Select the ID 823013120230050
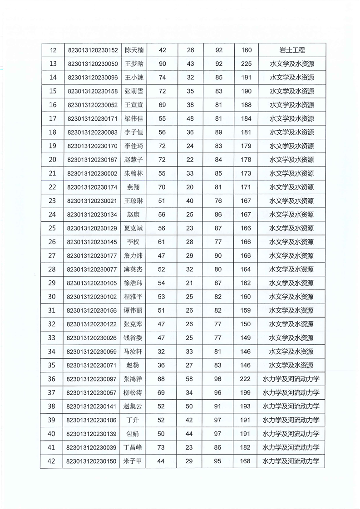click(92, 64)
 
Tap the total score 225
click(246, 64)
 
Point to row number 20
click(52, 160)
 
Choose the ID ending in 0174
click(92, 187)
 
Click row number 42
click(52, 461)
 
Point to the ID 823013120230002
click(92, 173)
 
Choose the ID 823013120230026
click(92, 338)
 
